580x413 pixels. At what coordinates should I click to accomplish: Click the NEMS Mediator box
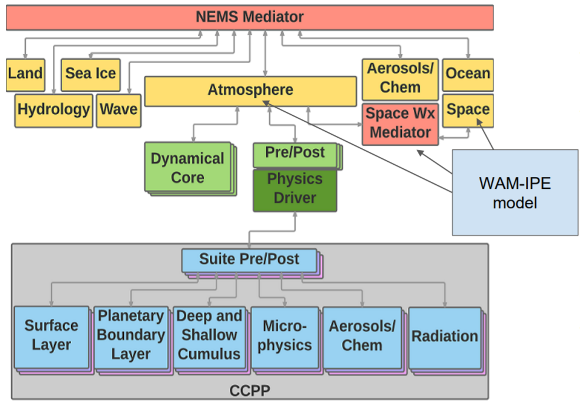(x=249, y=17)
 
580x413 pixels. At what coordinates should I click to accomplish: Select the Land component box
(x=25, y=74)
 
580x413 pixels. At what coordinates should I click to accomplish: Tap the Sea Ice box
(x=90, y=74)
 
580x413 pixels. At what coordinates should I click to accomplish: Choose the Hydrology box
(x=53, y=109)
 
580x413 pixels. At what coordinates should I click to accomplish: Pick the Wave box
(x=118, y=109)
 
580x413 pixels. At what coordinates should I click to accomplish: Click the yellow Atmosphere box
(x=250, y=91)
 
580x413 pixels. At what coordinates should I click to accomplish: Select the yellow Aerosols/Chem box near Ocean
(x=400, y=79)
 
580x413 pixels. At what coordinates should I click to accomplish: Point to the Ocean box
(x=468, y=74)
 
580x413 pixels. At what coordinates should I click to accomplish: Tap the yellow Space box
(x=468, y=109)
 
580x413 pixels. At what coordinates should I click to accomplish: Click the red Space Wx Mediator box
(x=400, y=123)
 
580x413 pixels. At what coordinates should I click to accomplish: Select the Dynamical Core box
(x=187, y=168)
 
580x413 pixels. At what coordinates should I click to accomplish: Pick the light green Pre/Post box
(x=295, y=154)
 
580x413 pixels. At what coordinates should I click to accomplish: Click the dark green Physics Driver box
(x=295, y=189)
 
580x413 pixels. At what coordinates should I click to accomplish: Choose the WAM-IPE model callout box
(x=515, y=192)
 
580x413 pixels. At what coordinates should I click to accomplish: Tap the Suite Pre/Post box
(x=249, y=259)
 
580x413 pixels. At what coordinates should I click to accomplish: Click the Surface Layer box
(x=51, y=335)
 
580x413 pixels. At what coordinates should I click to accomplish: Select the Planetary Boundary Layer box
(x=130, y=335)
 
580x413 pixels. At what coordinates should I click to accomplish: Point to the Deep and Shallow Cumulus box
(x=209, y=335)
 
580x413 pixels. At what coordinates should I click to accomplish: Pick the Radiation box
(x=444, y=337)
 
